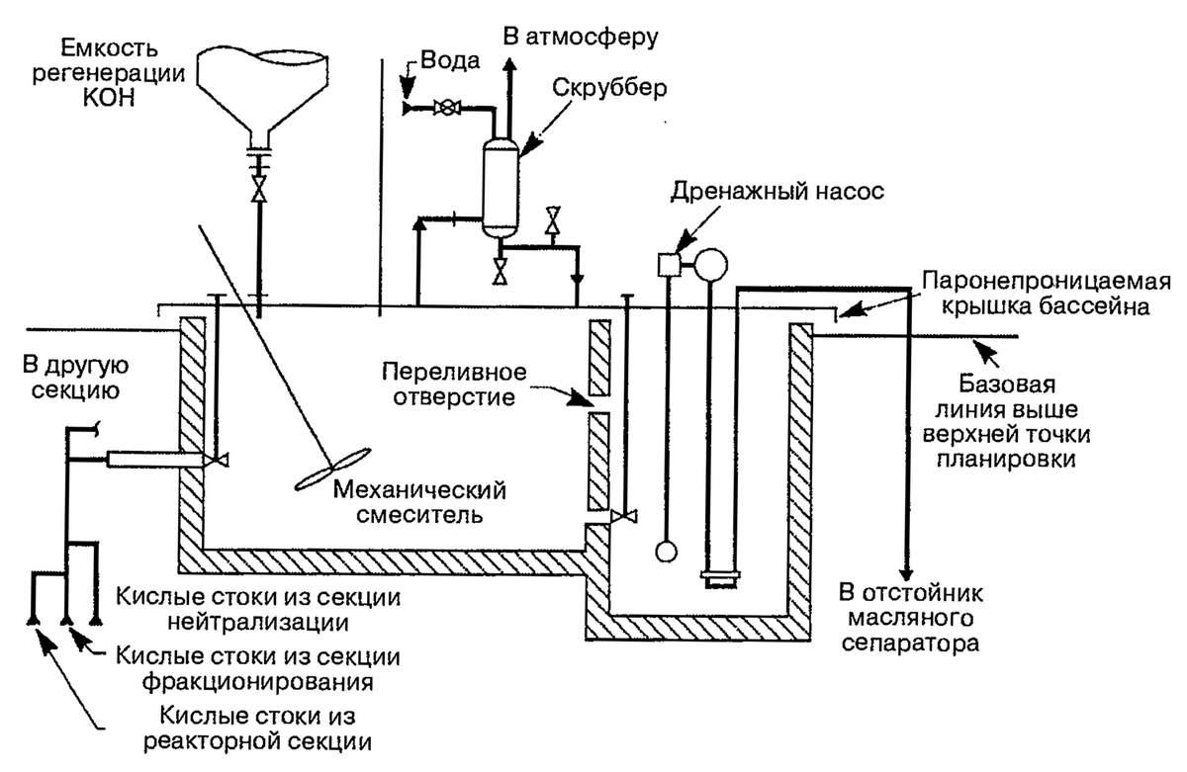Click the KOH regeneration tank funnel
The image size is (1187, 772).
(259, 84)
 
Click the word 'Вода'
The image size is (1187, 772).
(451, 61)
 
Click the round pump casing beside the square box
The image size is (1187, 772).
(710, 263)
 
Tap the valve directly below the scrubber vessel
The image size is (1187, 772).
(501, 269)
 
